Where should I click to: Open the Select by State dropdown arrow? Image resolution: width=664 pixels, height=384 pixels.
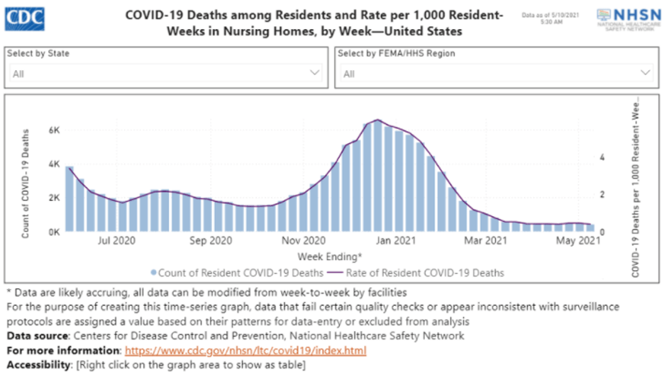[x=315, y=73]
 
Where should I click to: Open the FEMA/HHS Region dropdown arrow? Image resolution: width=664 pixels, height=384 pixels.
[x=645, y=73]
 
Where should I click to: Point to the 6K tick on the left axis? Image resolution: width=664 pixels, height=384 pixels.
[x=53, y=130]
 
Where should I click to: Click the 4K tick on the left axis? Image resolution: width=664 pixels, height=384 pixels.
[x=53, y=164]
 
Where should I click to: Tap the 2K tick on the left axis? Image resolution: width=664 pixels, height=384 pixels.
[x=53, y=198]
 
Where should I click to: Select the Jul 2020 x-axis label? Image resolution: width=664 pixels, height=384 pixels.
[x=116, y=241]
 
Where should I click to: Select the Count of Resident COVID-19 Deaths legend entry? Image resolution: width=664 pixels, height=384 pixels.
[x=237, y=272]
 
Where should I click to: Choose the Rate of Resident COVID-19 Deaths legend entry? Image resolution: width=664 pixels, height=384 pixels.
[x=417, y=272]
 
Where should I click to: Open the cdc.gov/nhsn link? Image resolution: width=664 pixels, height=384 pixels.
[x=245, y=351]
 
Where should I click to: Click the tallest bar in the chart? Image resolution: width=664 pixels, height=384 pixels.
[x=378, y=177]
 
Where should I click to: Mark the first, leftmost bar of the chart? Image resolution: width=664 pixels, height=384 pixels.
[x=70, y=199]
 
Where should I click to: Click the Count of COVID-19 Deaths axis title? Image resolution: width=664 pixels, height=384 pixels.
[x=26, y=183]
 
